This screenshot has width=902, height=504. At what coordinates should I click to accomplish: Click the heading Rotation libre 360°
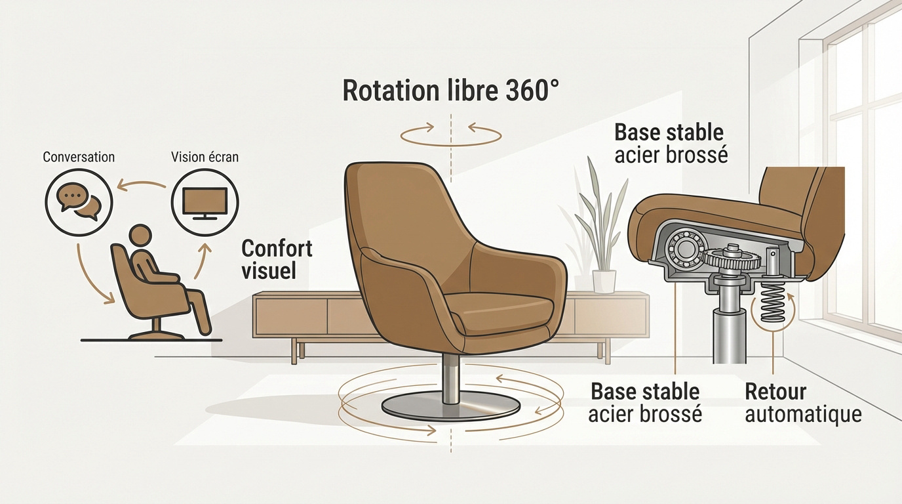tap(452, 91)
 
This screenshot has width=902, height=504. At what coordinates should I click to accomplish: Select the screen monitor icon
tap(205, 201)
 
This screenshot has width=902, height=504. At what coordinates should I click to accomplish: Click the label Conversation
tap(79, 157)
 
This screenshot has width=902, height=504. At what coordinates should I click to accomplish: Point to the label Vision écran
tap(205, 157)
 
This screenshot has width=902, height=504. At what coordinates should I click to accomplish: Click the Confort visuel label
tap(277, 259)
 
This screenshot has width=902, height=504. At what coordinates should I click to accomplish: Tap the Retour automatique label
tap(802, 404)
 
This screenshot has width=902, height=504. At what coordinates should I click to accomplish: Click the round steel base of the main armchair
tap(450, 406)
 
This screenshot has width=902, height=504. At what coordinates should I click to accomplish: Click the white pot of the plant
tap(604, 281)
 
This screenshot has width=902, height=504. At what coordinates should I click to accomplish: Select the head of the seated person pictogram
tap(140, 236)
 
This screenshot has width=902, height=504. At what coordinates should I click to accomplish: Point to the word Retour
tap(775, 392)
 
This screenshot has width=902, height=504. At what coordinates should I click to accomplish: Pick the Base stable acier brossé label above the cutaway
tap(671, 143)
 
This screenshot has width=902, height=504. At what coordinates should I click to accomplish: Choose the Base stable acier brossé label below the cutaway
tap(644, 404)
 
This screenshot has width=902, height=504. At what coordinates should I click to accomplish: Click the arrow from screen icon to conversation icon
tap(141, 184)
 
